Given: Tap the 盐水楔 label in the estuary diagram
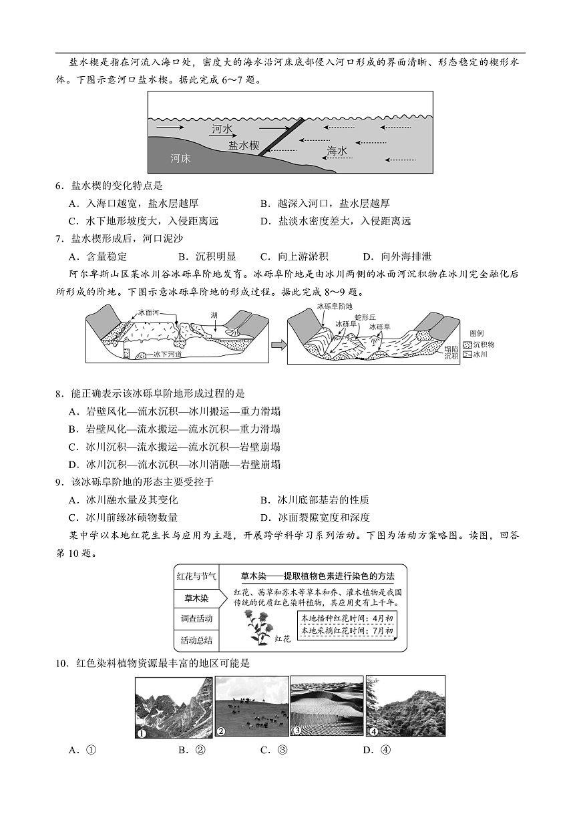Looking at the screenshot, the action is click(x=244, y=145).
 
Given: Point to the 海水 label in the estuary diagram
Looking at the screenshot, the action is click(x=337, y=152).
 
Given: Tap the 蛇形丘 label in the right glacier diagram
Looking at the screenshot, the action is click(x=366, y=316).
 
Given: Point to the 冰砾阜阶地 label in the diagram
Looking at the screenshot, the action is click(x=335, y=306).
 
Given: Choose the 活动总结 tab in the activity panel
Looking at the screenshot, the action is click(x=196, y=640).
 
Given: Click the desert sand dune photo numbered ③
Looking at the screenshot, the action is click(x=327, y=706).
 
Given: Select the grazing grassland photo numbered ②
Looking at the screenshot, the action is click(x=251, y=706).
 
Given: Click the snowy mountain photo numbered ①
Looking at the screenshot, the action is click(x=174, y=706).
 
